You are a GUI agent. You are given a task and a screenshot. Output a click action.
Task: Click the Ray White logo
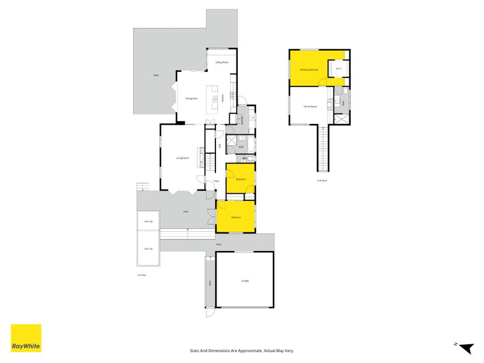(26, 338)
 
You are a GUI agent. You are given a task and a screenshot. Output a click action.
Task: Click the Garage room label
(244, 281)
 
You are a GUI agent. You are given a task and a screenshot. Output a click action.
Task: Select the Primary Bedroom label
(309, 70)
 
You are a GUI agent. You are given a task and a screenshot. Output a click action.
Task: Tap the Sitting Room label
(221, 62)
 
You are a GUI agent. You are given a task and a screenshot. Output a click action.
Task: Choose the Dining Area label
(192, 98)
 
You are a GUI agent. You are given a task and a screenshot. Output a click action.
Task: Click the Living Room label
(183, 158)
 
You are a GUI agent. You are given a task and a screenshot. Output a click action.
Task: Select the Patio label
(156, 75)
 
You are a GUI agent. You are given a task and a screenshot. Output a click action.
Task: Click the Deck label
(186, 211)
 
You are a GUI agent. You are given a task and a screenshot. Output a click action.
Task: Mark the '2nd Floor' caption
(321, 180)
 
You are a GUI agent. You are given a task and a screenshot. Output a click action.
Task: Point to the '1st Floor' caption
(142, 275)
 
